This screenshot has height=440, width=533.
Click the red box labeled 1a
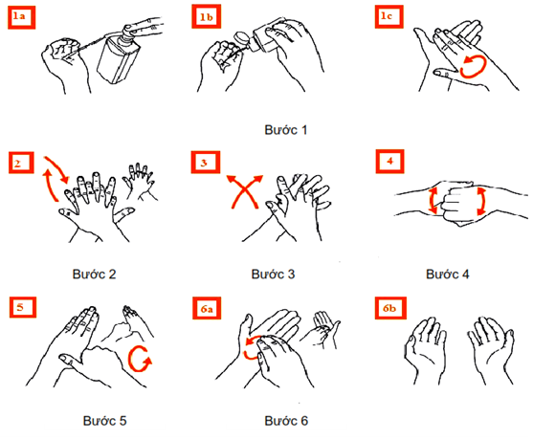point(21,17)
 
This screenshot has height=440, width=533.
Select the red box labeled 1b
point(206,16)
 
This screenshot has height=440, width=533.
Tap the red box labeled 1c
point(389,16)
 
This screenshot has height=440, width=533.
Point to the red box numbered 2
point(21,163)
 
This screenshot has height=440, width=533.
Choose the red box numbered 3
point(206,162)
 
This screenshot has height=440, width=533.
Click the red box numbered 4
point(389,161)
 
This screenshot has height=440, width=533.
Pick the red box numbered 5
point(22,307)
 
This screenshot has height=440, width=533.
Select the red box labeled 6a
point(207,308)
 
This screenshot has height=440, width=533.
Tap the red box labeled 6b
point(390,308)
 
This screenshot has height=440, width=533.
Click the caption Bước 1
point(285,130)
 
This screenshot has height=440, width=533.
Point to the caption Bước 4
point(447,274)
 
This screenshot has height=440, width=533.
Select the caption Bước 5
point(104,421)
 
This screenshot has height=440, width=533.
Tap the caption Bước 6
point(286,421)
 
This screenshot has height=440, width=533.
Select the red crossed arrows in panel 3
point(245,191)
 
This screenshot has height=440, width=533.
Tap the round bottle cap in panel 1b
point(241,38)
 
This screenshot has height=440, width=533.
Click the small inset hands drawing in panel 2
point(140,181)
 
